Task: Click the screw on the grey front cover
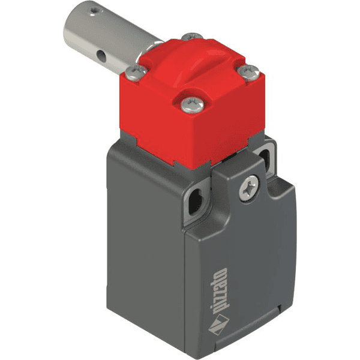(247, 190)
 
